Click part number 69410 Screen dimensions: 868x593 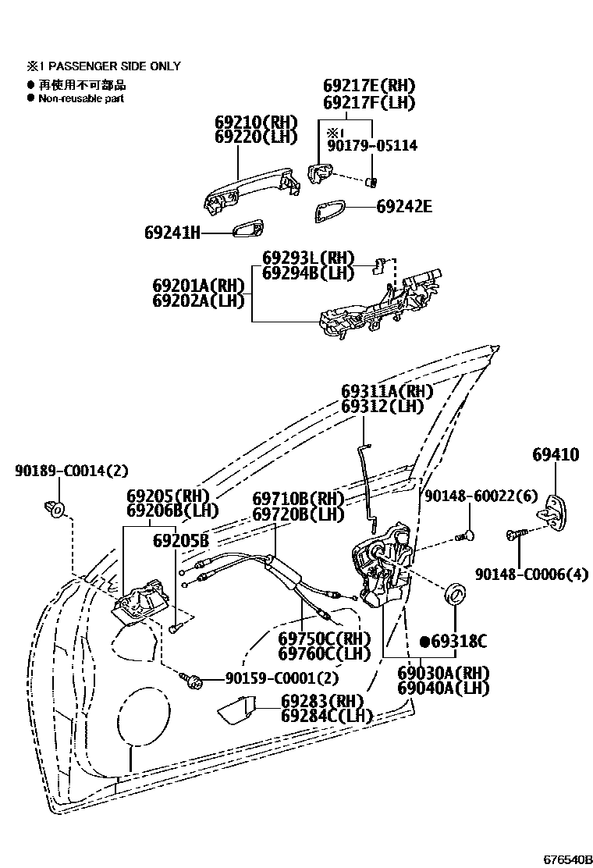[556, 455]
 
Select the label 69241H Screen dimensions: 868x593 [172, 232]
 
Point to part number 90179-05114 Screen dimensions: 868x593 [371, 145]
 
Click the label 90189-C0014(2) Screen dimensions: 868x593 [71, 470]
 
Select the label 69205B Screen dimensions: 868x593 [181, 540]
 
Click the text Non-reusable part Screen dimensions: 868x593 [81, 99]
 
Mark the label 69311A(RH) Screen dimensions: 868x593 [386, 391]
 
